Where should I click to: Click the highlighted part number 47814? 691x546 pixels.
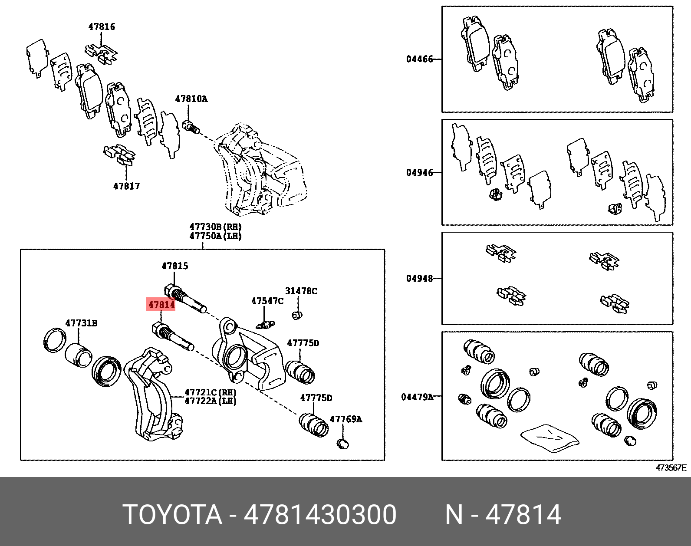pyautogui.click(x=161, y=305)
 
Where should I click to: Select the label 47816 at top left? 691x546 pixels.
pyautogui.click(x=102, y=26)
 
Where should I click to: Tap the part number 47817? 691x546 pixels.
pyautogui.click(x=126, y=186)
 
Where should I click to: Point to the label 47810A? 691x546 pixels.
pyautogui.click(x=191, y=99)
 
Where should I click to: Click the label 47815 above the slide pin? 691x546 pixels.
pyautogui.click(x=175, y=266)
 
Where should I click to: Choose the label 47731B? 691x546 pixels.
pyautogui.click(x=81, y=323)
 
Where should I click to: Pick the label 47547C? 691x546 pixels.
pyautogui.click(x=267, y=301)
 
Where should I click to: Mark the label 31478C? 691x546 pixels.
pyautogui.click(x=301, y=291)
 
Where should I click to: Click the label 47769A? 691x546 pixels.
pyautogui.click(x=345, y=419)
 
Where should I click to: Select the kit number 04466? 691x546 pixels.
pyautogui.click(x=419, y=59)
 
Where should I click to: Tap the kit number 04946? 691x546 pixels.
pyautogui.click(x=419, y=173)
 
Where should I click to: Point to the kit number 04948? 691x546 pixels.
pyautogui.click(x=419, y=278)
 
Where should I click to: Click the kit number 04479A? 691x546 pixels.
pyautogui.click(x=417, y=397)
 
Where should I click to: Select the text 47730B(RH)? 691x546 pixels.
pyautogui.click(x=215, y=227)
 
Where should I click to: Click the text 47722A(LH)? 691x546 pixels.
pyautogui.click(x=211, y=401)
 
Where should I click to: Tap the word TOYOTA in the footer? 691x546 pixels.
pyautogui.click(x=172, y=515)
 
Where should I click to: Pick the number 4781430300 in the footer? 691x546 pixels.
pyautogui.click(x=320, y=515)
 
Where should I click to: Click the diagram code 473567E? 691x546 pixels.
pyautogui.click(x=671, y=468)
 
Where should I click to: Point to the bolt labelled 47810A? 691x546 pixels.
pyautogui.click(x=191, y=127)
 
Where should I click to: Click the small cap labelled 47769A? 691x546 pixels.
pyautogui.click(x=343, y=444)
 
